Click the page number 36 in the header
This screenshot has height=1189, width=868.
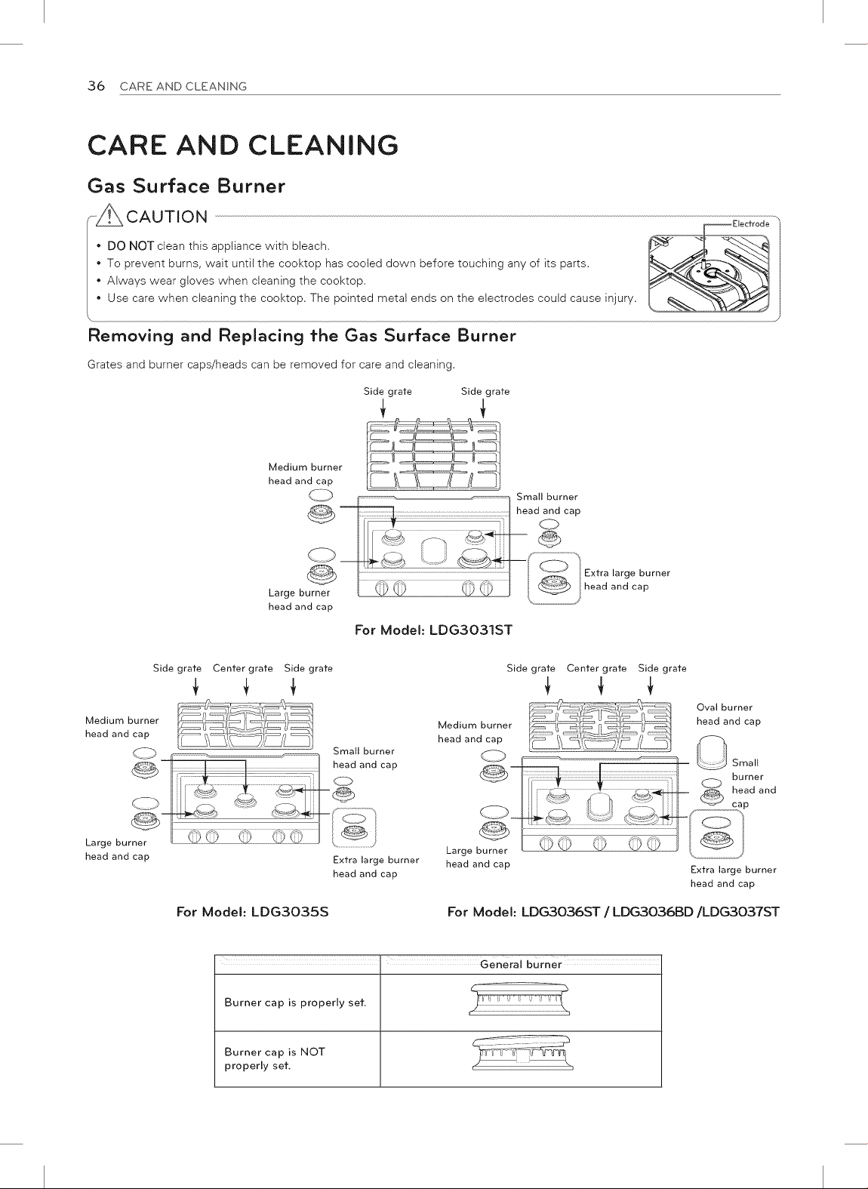click(97, 86)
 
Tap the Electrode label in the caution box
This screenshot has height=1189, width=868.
click(751, 224)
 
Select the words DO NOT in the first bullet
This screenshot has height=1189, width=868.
click(131, 246)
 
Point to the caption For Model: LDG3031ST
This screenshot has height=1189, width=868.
click(433, 630)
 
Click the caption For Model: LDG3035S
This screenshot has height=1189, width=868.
click(253, 913)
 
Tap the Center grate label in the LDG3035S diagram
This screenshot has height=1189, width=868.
click(243, 669)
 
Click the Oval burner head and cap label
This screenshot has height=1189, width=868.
click(728, 714)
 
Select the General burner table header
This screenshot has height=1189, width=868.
click(521, 965)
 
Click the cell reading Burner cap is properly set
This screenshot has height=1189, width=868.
click(296, 1003)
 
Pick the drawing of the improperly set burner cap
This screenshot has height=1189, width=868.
click(522, 1053)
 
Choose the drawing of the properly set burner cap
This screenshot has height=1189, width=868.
click(519, 1000)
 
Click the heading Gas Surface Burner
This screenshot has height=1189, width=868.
click(186, 186)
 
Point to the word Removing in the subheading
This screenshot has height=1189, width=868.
click(131, 336)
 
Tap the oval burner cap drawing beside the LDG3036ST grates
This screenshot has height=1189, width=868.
click(712, 752)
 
